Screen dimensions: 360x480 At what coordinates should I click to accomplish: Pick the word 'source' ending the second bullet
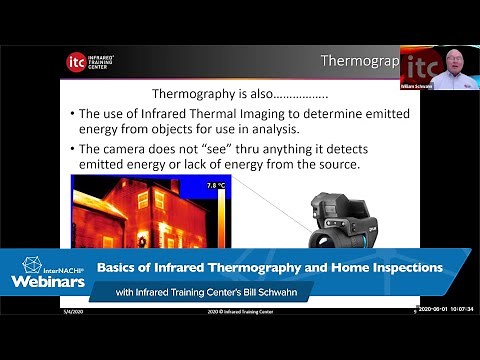point(351,164)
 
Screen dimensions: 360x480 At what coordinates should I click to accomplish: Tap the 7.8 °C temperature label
point(216,186)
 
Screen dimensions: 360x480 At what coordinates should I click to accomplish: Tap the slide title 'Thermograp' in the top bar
point(358,61)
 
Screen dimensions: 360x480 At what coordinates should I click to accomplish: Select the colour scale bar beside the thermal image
point(221,215)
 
